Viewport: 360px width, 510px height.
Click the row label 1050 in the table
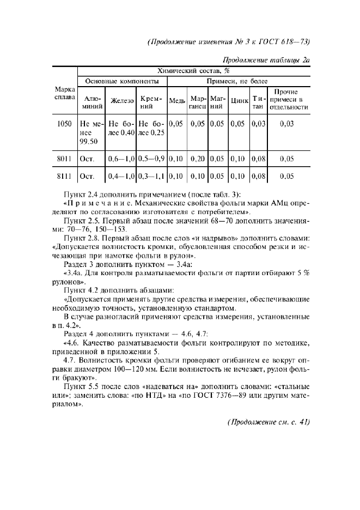pos(65,124)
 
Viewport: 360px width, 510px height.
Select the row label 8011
pos(65,159)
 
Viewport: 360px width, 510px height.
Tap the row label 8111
pos(65,177)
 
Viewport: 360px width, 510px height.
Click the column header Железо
pos(122,101)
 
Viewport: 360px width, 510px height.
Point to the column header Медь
pos(177,101)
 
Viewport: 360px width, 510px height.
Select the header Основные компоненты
pos(122,81)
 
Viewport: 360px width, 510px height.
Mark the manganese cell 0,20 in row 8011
pos(197,159)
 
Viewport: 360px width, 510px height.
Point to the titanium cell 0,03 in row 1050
pos(259,124)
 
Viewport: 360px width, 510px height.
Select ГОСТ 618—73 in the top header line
pos(285,41)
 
